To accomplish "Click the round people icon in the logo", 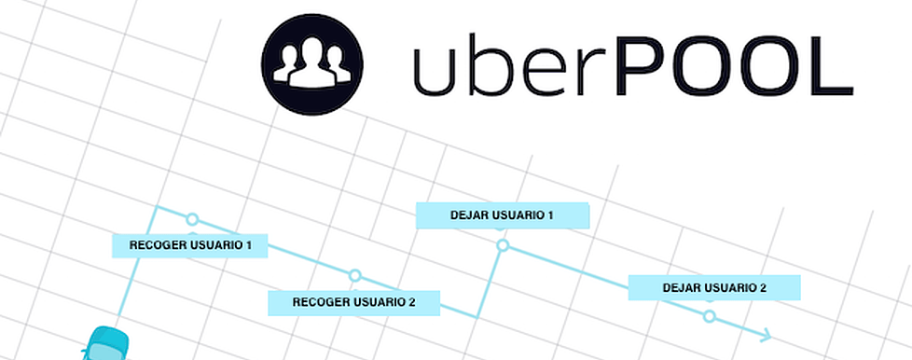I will pos(311,64).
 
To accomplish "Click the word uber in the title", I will pos(500,67).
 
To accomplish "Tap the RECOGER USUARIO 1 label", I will pos(190,245).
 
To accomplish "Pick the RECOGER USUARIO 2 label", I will pos(353,302).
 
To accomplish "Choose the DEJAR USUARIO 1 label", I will pos(502,215).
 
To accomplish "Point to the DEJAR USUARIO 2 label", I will pos(714,287).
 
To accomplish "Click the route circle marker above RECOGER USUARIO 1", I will pos(192,219).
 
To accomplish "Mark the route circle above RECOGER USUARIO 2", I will pos(354,276).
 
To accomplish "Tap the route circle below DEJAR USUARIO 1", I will pos(503,245).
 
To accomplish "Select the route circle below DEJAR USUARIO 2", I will pos(710,316).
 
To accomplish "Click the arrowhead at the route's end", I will pos(767,335).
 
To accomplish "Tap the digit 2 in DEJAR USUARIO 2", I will pos(763,288).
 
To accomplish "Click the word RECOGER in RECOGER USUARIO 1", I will pos(155,246).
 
